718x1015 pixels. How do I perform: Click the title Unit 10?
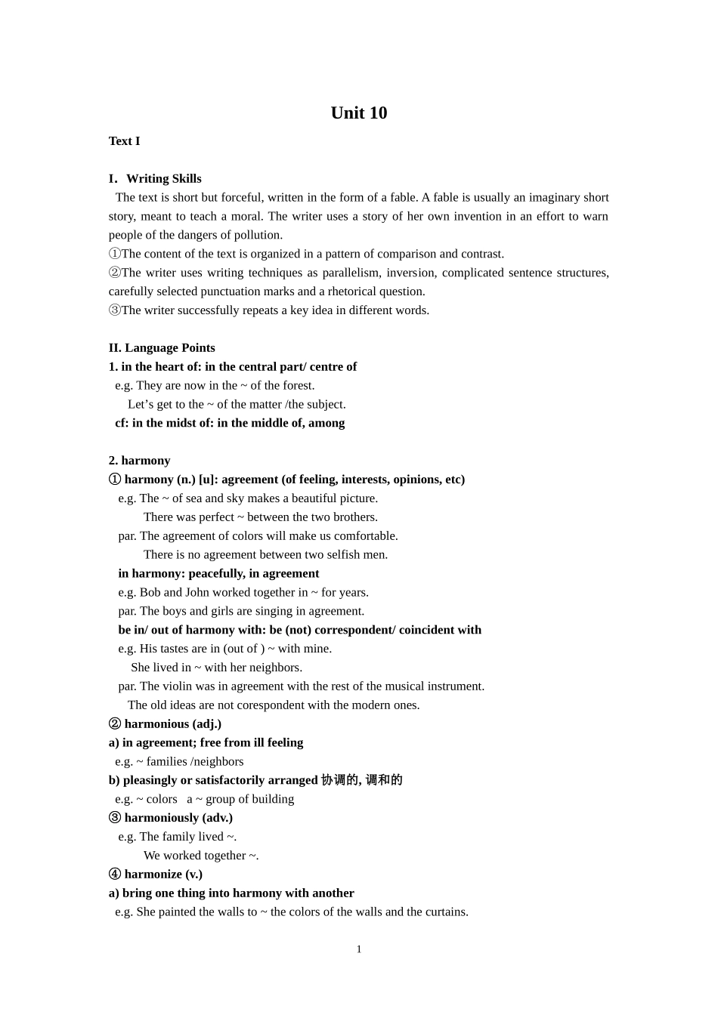(x=358, y=113)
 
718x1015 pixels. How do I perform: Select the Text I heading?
(x=124, y=141)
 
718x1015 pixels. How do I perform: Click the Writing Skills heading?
(x=163, y=179)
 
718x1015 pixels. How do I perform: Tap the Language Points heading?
(x=169, y=348)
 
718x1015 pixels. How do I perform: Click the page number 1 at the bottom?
(x=359, y=949)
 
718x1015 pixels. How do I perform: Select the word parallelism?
(x=351, y=273)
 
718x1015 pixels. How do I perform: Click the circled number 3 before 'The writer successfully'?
(x=114, y=310)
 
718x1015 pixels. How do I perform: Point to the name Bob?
(x=150, y=593)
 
